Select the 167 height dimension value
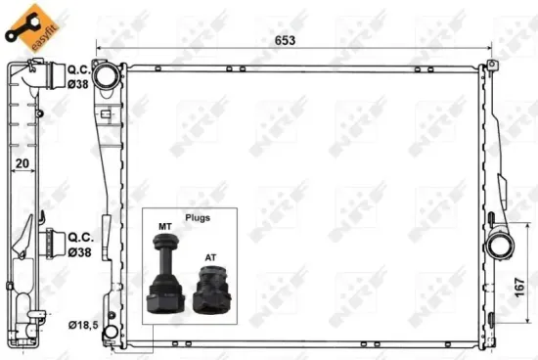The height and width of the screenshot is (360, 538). click(521, 290)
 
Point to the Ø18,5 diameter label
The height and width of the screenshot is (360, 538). click(83, 324)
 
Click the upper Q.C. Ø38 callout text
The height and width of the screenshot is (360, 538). click(79, 76)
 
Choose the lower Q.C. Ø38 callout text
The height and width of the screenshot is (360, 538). click(79, 243)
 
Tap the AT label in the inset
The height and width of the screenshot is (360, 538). click(210, 259)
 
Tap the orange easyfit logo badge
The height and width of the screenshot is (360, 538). click(30, 24)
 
